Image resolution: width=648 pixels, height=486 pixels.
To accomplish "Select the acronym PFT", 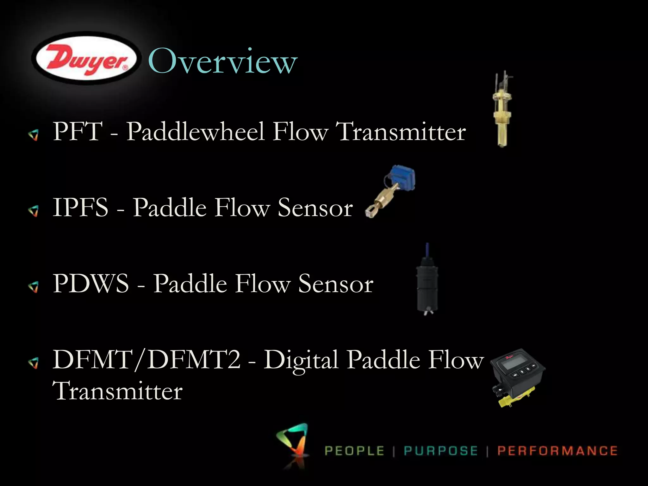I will [78, 131].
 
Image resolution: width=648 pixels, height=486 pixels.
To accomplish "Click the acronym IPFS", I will [80, 207].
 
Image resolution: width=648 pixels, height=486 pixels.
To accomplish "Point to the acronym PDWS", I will [91, 283].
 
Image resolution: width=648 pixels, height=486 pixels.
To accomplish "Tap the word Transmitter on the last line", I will [117, 391].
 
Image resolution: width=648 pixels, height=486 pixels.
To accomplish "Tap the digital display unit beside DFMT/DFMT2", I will [517, 378].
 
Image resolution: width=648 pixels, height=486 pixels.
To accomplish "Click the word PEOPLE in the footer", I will [354, 451].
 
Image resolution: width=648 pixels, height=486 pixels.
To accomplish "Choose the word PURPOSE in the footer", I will [440, 451].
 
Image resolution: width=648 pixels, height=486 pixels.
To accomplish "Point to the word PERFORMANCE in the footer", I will [557, 451].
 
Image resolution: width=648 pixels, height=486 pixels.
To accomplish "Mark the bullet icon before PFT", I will [33, 135].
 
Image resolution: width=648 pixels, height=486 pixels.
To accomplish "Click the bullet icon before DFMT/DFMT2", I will [33, 363].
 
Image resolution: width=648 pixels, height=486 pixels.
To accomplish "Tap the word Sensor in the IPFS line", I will [315, 208].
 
